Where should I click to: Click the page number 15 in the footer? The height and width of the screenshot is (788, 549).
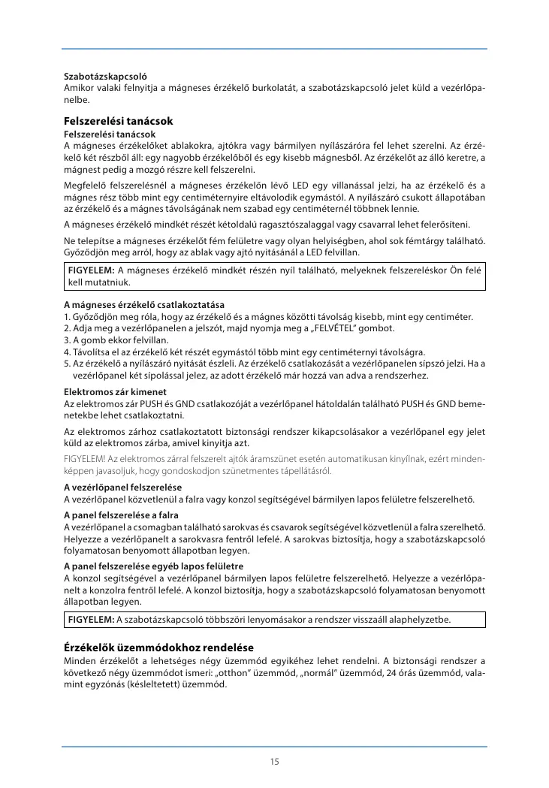click(x=274, y=761)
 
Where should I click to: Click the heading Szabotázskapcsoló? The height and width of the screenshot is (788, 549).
click(x=105, y=77)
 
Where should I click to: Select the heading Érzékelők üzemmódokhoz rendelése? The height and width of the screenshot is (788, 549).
click(x=158, y=647)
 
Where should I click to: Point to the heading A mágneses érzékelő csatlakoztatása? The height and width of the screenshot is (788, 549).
click(x=144, y=305)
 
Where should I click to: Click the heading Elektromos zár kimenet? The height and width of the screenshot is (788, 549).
click(x=115, y=391)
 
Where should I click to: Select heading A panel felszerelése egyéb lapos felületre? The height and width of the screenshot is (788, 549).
click(x=153, y=565)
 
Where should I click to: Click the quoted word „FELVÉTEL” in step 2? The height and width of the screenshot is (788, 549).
click(x=316, y=328)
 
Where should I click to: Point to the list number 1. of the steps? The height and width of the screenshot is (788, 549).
click(x=67, y=317)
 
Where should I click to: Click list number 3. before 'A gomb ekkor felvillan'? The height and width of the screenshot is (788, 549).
click(x=67, y=340)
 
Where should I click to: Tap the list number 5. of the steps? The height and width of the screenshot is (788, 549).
click(x=67, y=364)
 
